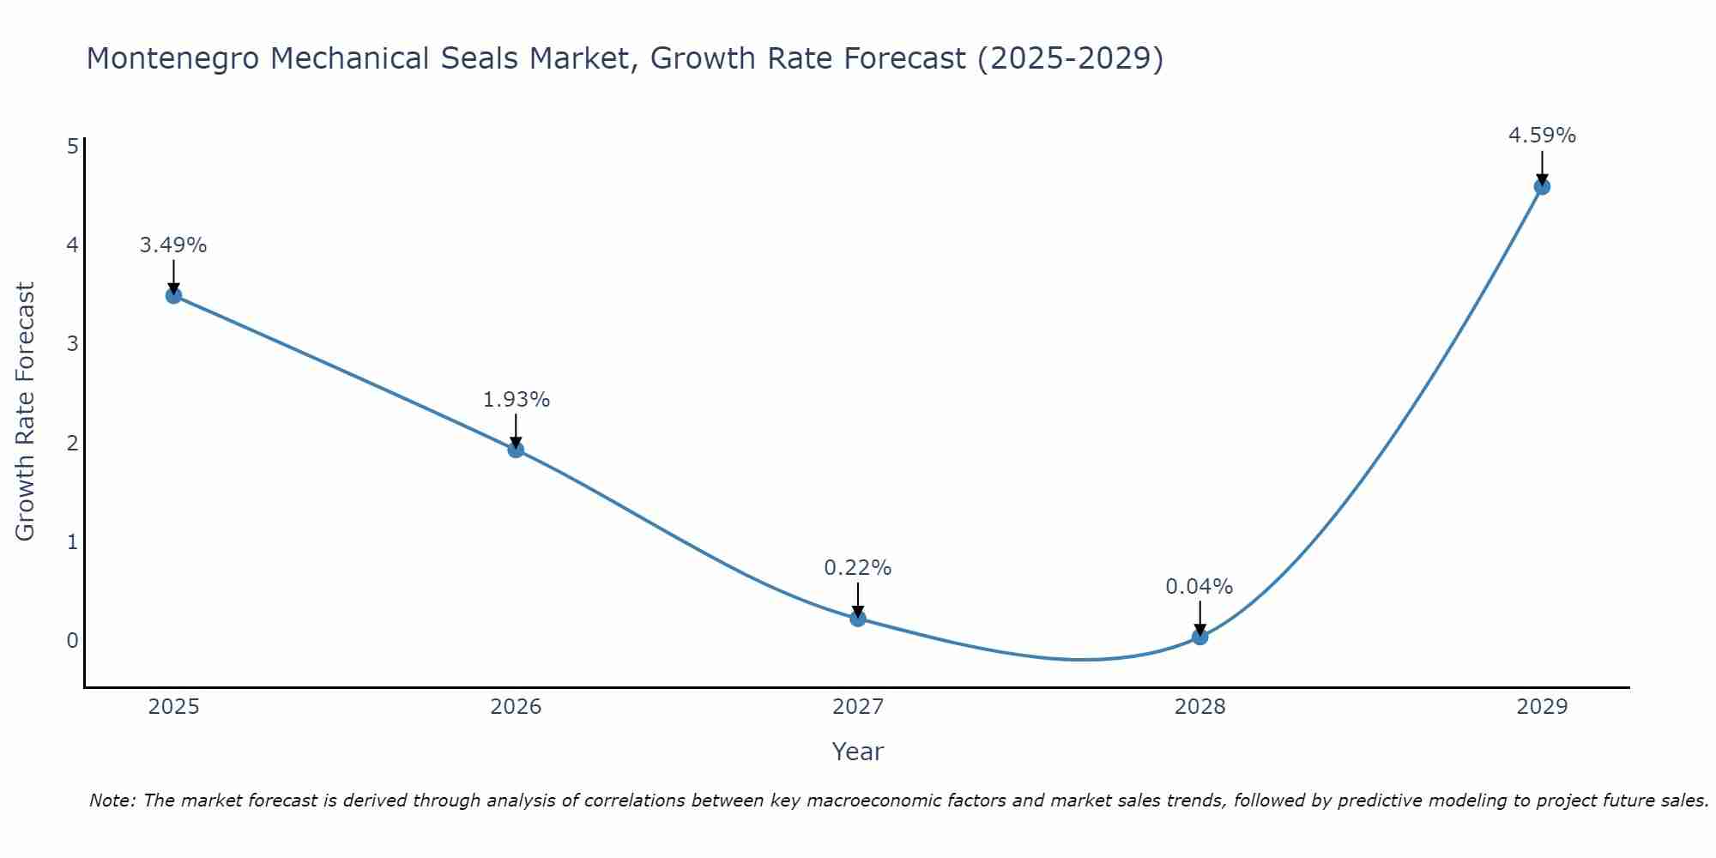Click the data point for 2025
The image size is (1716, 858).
(x=173, y=296)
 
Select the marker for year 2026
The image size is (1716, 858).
(x=516, y=450)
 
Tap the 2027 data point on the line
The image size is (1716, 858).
(x=858, y=619)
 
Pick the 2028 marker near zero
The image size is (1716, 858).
(x=1199, y=637)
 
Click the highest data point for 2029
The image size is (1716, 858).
(x=1542, y=187)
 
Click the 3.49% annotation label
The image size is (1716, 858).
(x=173, y=245)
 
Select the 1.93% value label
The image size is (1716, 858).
(x=516, y=400)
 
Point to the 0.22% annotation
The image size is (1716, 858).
(x=858, y=568)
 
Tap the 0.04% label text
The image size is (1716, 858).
(x=1199, y=587)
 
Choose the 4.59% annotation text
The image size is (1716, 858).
(x=1542, y=136)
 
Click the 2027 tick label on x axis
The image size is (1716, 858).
(x=858, y=707)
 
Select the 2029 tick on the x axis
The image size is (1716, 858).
(x=1542, y=707)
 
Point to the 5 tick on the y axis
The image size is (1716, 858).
(x=73, y=146)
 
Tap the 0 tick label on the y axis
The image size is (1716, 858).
(x=73, y=640)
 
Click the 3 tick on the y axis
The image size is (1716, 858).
(x=73, y=344)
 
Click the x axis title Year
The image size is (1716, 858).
(x=857, y=752)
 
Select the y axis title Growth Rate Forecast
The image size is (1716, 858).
(x=26, y=412)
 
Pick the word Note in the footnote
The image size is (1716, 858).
(x=112, y=801)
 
